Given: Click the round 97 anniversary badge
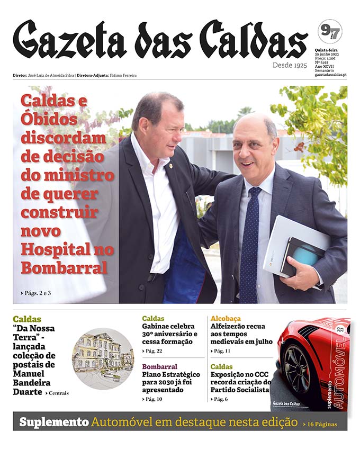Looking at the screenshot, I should (x=329, y=31).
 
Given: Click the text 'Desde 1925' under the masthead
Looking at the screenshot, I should (x=290, y=65).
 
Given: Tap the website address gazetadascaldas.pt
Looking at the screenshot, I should (x=330, y=75).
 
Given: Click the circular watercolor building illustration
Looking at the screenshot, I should (x=103, y=358).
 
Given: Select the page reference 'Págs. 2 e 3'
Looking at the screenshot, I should (x=38, y=292).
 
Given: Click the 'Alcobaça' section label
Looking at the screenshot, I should (x=226, y=319).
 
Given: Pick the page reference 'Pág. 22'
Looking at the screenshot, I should (x=154, y=351).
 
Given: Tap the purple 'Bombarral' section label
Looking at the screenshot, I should (x=159, y=366).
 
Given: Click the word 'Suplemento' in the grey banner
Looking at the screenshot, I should (x=53, y=422).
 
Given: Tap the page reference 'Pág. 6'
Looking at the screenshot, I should (x=221, y=399).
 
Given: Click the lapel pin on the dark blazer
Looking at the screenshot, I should (x=171, y=166).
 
